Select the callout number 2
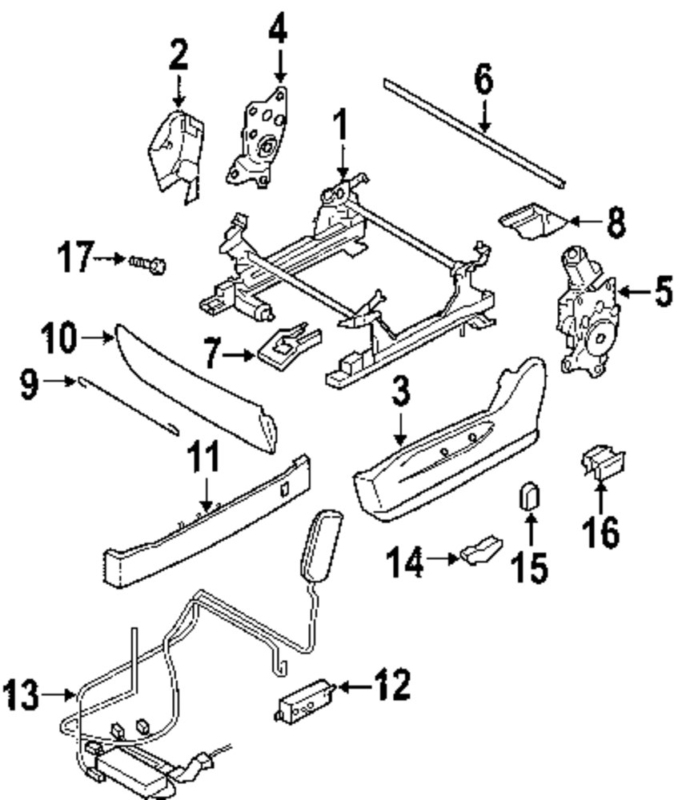[178, 57]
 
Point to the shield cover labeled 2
[173, 153]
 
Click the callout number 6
[483, 80]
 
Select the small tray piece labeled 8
[528, 222]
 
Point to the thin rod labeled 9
[128, 406]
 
